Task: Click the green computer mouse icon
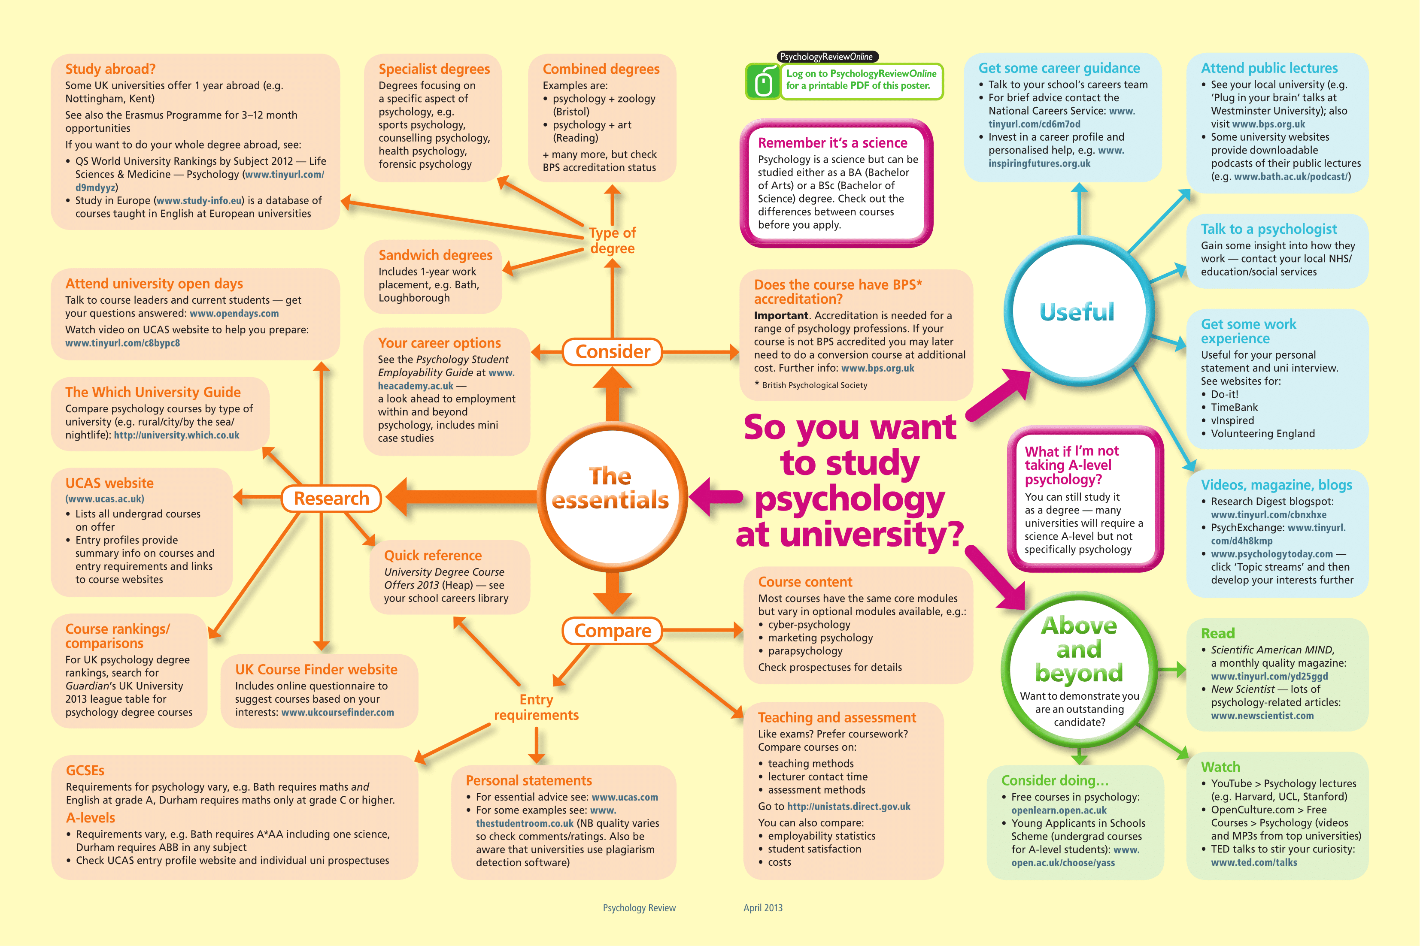point(763,82)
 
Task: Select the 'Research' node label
point(331,499)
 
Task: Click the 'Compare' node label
point(613,631)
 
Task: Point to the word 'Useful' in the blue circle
point(1077,312)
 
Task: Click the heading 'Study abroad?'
point(110,69)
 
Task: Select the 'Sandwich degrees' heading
point(435,255)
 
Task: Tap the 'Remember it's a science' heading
point(832,143)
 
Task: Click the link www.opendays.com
point(234,314)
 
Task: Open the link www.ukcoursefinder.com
point(337,713)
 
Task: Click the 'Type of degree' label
point(612,240)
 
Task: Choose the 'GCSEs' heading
point(85,771)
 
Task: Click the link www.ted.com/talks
point(1253,863)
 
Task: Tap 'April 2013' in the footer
point(763,908)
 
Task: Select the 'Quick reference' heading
point(433,556)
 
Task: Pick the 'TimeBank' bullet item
point(1234,407)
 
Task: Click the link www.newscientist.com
point(1262,716)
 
